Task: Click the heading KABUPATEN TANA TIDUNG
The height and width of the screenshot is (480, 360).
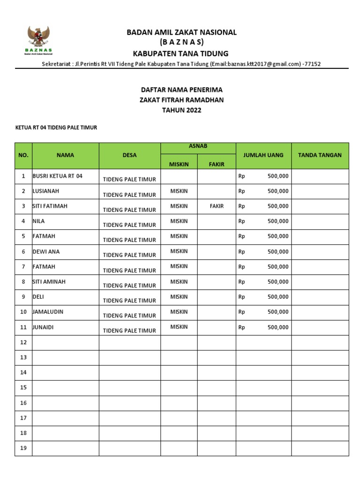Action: point(180,53)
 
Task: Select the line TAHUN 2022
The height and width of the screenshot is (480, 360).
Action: point(182,110)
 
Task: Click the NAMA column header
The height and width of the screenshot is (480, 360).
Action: point(65,155)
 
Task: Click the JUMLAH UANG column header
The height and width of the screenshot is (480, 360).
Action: point(263,155)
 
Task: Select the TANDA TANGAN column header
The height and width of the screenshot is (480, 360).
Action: point(320,155)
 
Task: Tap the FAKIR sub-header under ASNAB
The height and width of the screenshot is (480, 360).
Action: point(216,164)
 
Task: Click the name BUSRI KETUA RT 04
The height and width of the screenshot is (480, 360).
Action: point(57,176)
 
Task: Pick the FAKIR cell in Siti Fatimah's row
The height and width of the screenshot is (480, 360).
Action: point(216,206)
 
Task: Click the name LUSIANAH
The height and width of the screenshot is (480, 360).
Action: point(46,191)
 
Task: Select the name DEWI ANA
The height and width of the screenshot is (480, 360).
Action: point(46,251)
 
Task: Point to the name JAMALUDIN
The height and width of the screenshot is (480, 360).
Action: point(48,311)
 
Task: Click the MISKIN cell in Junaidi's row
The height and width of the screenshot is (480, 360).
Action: point(179,327)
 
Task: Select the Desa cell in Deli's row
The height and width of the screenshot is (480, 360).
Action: point(129,300)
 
